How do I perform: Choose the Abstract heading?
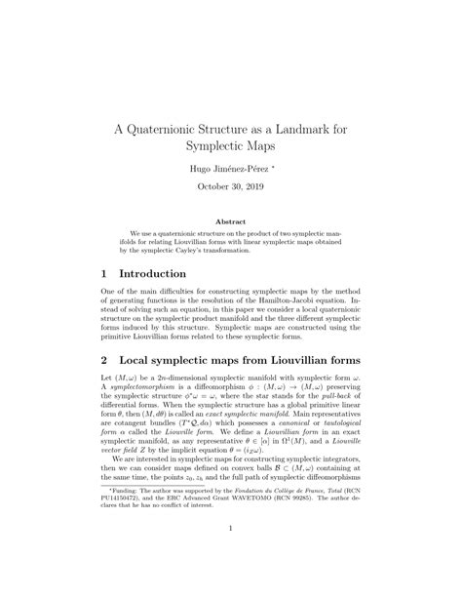(x=230, y=222)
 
